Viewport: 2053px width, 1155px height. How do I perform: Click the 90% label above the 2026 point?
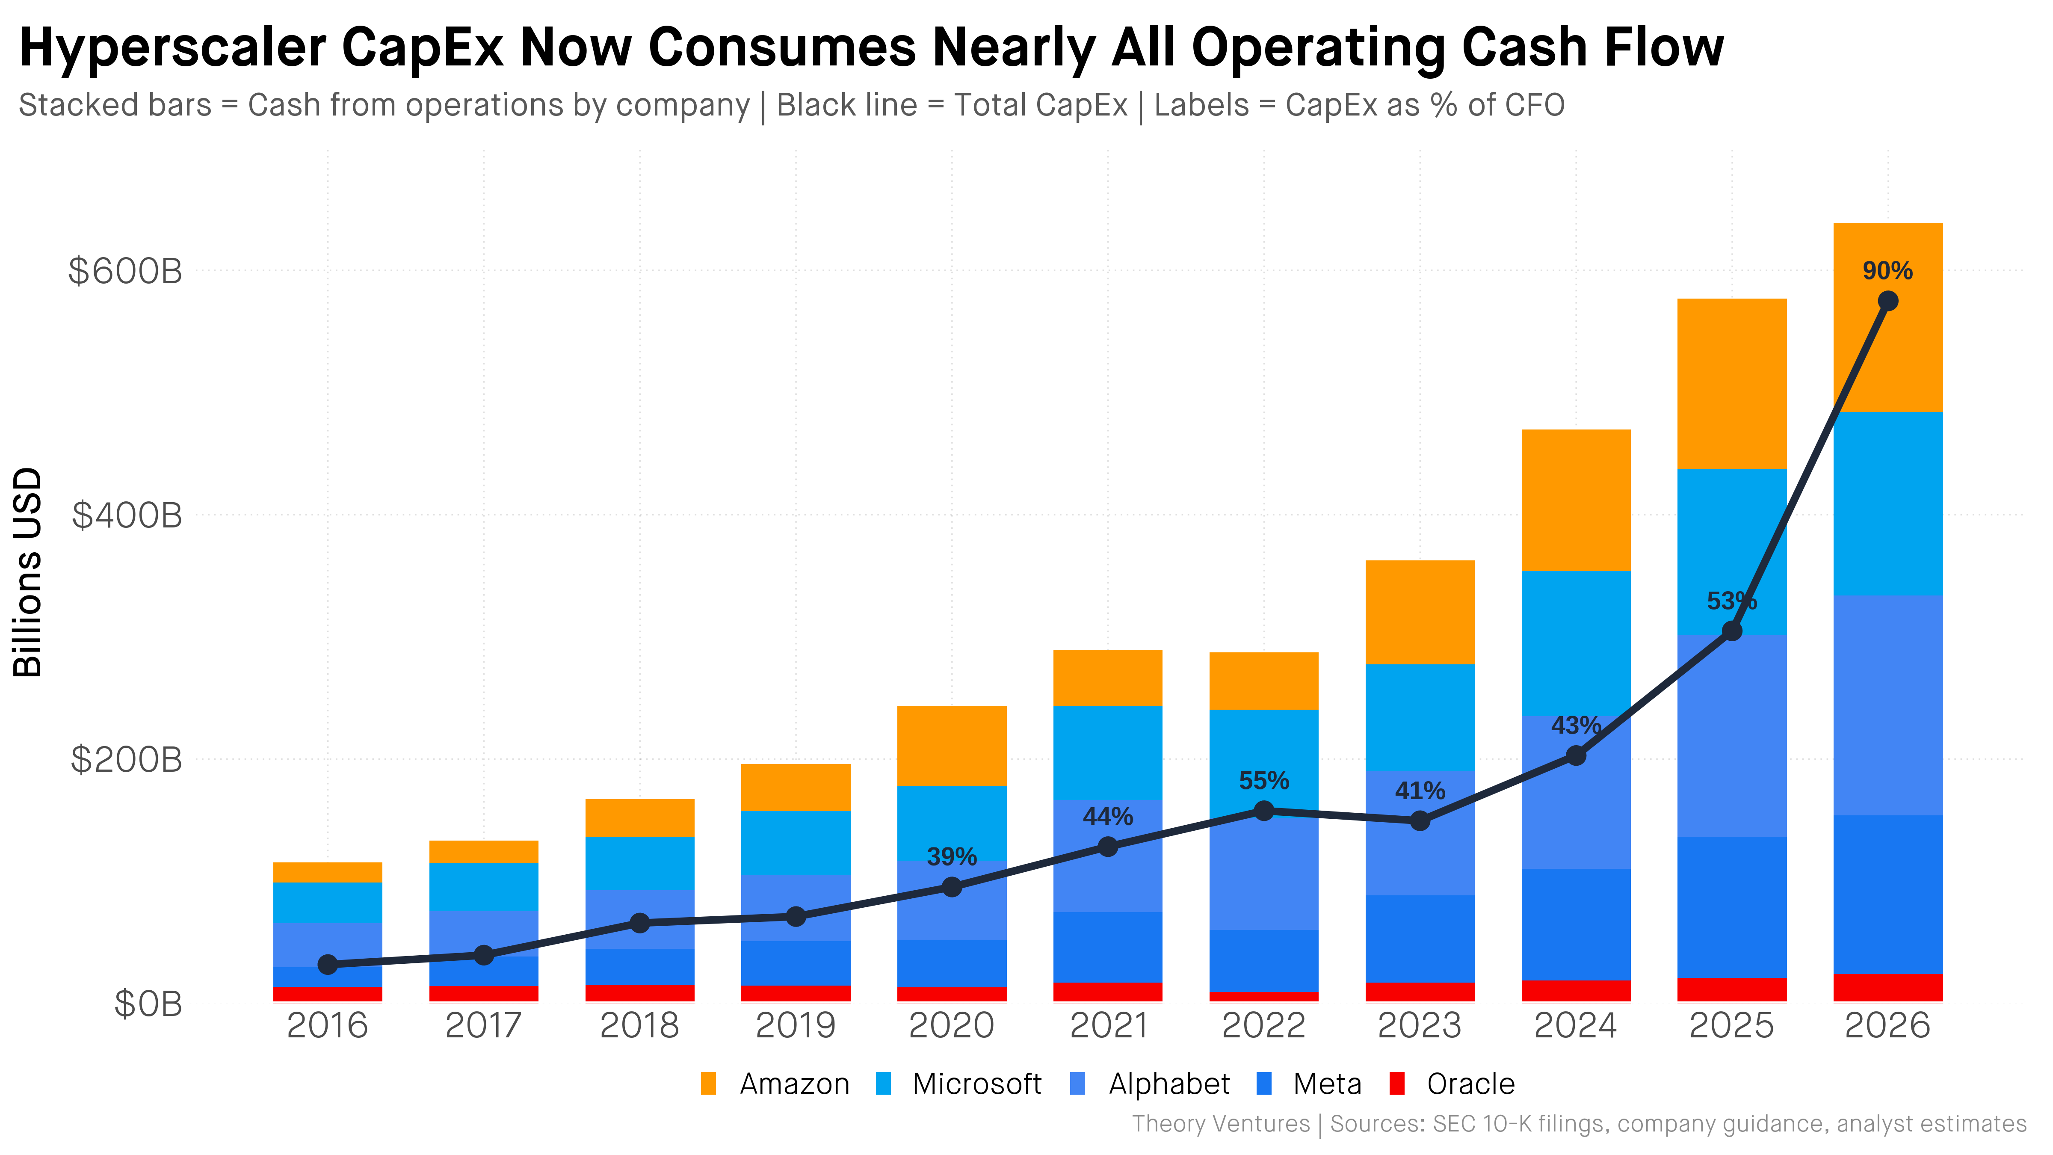tap(1887, 271)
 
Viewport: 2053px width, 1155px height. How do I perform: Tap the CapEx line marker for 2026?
tap(1887, 301)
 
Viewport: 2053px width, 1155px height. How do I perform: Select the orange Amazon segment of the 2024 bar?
tap(1576, 500)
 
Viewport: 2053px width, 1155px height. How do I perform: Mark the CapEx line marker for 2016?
tap(328, 965)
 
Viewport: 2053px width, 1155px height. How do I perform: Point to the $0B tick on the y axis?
tap(148, 1004)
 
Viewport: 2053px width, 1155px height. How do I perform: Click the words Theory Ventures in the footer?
tap(1220, 1124)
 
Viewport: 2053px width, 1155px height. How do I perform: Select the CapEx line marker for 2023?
tap(1420, 820)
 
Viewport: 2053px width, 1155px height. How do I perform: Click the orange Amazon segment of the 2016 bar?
tap(328, 872)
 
